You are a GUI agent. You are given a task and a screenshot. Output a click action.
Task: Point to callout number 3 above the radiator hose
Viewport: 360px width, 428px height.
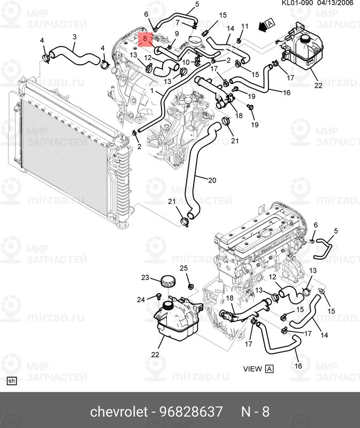[74, 36]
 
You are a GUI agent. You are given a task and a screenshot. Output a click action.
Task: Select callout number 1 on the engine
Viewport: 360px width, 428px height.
[159, 91]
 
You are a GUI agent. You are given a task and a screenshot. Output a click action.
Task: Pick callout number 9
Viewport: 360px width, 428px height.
[177, 34]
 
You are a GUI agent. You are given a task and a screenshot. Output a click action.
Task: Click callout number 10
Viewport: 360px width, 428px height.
[186, 63]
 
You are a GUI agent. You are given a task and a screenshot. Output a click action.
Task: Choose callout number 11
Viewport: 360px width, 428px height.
[245, 26]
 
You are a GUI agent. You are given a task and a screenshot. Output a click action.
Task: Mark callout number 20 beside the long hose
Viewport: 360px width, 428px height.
[212, 180]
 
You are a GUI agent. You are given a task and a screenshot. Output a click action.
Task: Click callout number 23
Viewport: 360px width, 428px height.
[144, 277]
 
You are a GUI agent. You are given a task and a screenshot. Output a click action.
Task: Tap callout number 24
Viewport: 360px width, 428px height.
[141, 299]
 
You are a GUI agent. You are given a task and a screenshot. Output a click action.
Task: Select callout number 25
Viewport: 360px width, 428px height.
[183, 269]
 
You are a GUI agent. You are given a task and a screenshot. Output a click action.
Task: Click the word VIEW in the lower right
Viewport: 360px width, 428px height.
[252, 369]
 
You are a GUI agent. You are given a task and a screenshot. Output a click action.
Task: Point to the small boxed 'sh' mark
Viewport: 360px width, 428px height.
[12, 381]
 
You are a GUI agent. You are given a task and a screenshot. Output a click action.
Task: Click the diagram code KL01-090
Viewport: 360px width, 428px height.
[297, 3]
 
